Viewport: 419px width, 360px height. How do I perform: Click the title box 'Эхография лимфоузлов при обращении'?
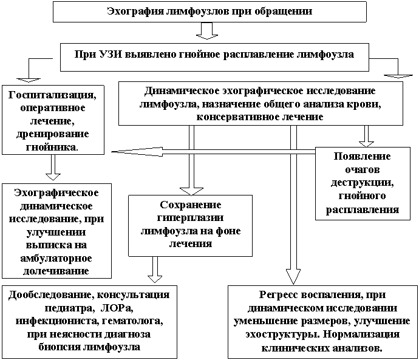[x=209, y=12]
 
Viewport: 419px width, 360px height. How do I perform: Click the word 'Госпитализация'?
[x=53, y=95]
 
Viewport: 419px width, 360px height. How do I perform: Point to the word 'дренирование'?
[x=53, y=134]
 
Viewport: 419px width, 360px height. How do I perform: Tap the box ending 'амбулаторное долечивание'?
[x=55, y=231]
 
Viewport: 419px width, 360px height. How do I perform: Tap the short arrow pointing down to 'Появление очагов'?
[x=366, y=136]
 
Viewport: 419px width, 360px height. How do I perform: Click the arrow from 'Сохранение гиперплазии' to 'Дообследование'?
[x=155, y=268]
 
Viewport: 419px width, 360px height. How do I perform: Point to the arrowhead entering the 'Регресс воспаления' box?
[x=294, y=276]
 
